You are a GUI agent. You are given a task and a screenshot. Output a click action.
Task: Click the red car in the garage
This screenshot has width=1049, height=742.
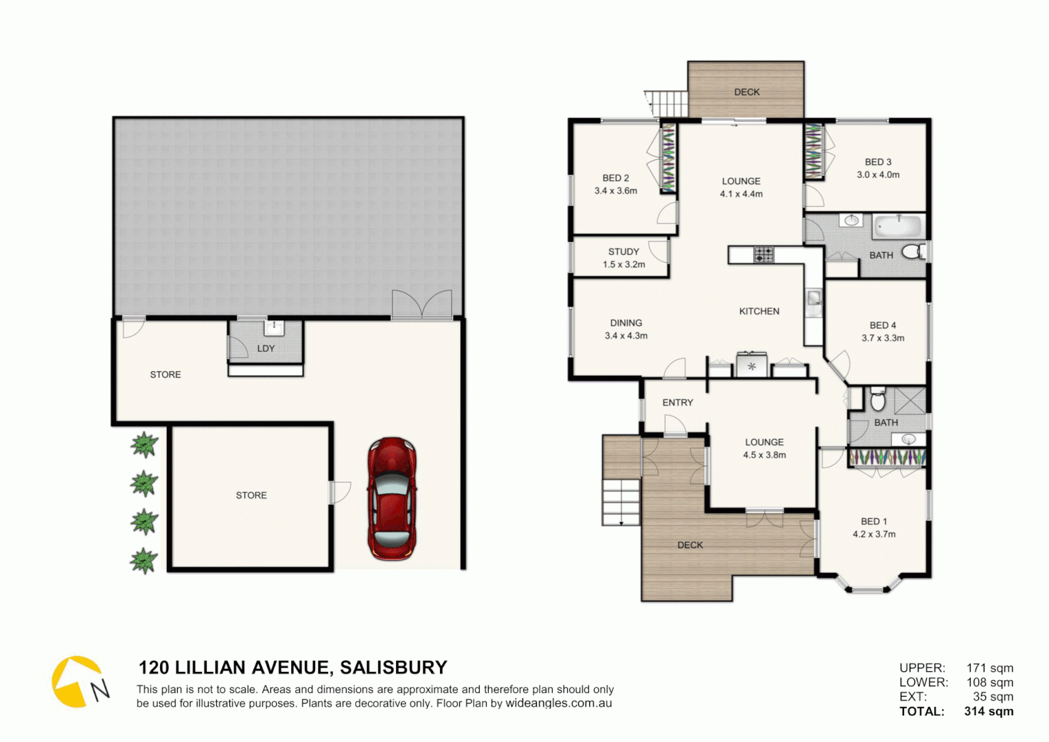point(392,499)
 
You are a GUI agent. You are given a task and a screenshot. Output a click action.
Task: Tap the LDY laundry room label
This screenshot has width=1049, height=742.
point(266,348)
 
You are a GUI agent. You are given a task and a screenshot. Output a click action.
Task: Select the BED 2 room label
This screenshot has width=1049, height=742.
point(616,178)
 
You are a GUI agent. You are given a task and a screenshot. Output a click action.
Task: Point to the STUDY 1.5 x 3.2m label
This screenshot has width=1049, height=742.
point(623,258)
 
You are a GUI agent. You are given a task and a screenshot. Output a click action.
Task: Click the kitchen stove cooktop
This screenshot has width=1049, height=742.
point(763,255)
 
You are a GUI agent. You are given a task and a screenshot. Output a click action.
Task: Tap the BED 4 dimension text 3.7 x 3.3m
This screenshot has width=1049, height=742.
point(883,338)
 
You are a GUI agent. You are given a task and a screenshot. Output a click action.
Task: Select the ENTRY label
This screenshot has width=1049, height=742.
point(678,403)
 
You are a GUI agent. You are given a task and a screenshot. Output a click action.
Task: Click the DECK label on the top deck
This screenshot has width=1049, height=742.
point(747,92)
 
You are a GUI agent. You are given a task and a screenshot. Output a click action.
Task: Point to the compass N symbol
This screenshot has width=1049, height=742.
point(100,689)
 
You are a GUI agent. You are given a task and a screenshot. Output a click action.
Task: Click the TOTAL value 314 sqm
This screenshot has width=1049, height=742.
point(989,712)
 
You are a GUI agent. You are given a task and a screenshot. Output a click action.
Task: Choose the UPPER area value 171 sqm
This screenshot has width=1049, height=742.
point(989,668)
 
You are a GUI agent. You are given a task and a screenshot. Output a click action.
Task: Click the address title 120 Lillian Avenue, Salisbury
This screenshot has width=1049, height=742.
point(292,668)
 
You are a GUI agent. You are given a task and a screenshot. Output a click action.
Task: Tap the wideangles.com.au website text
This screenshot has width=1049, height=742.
point(559,704)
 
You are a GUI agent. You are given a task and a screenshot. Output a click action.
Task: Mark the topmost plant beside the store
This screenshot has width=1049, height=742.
point(144,445)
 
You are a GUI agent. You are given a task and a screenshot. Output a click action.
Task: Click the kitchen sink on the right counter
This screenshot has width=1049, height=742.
point(814,299)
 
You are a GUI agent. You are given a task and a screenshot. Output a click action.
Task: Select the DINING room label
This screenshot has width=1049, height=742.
point(626,323)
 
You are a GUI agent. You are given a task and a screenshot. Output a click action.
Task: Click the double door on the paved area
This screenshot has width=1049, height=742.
point(422,304)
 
